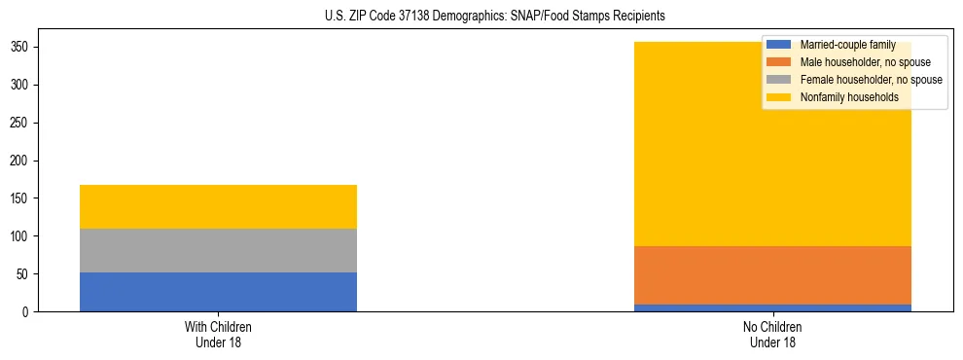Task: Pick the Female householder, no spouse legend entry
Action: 871,80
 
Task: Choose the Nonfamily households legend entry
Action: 849,97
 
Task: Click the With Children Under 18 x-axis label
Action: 218,334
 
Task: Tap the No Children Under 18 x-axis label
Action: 772,334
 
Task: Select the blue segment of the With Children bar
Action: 218,292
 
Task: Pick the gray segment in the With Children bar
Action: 218,250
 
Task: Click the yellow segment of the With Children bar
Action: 218,206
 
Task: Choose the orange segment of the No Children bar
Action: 772,275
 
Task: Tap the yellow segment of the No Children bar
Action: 681,165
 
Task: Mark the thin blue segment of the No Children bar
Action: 772,308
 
